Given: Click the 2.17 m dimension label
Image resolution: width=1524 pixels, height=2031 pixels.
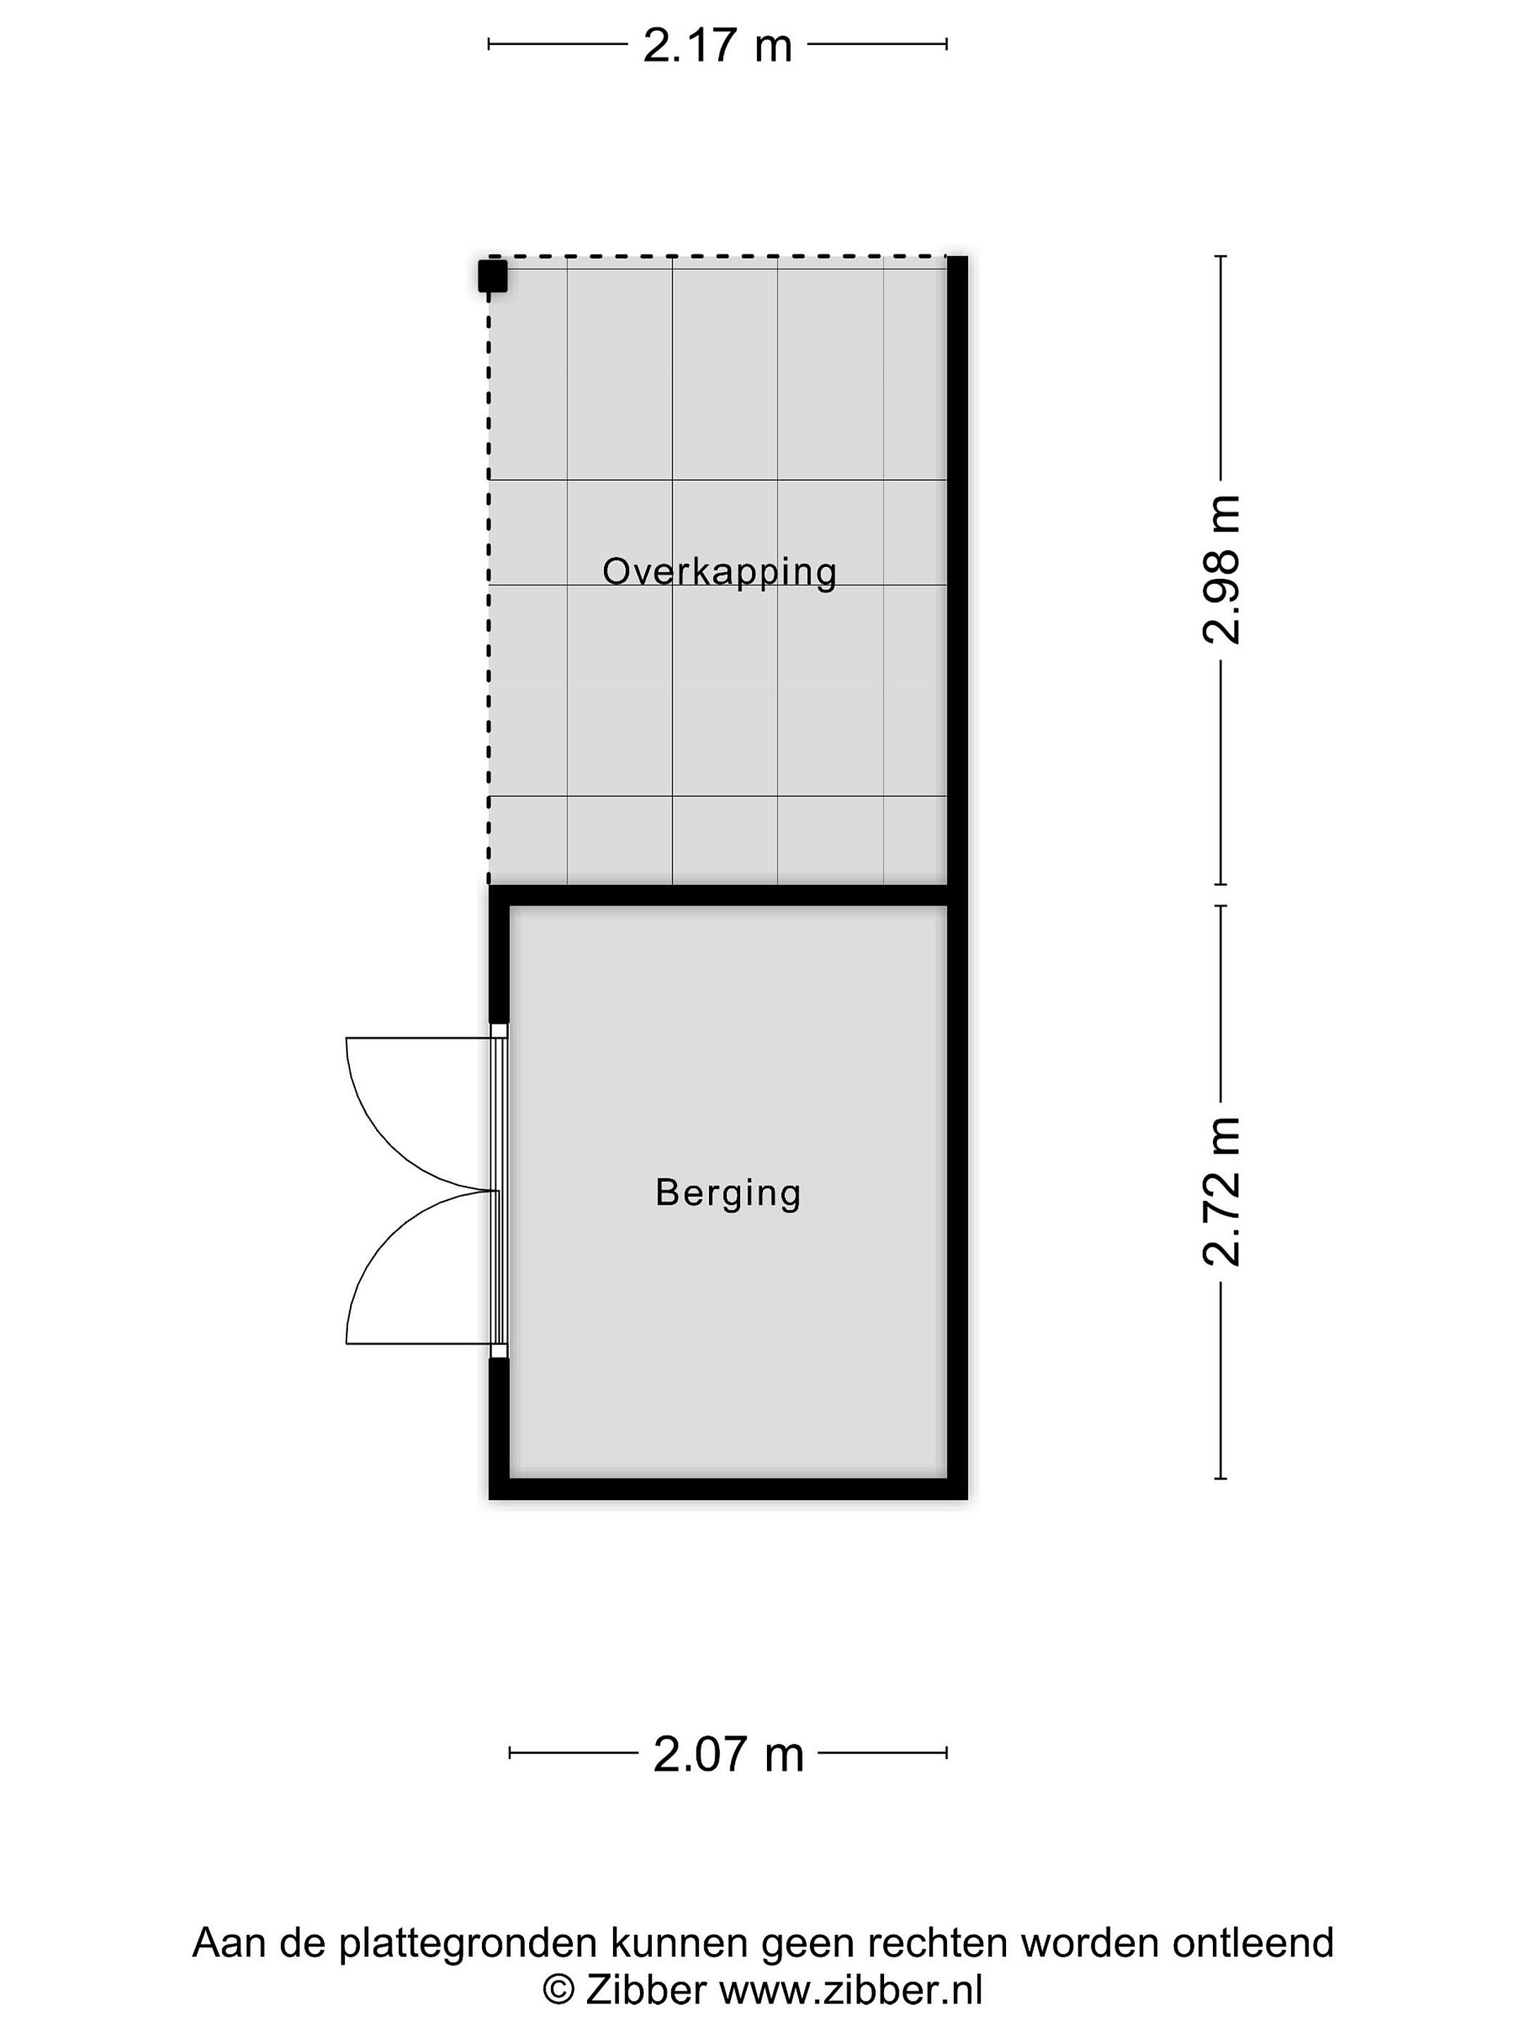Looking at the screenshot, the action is click(x=717, y=46).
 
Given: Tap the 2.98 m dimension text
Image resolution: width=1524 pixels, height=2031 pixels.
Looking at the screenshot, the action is click(x=1222, y=569).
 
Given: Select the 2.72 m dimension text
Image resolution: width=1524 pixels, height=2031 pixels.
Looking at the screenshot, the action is click(x=1222, y=1192).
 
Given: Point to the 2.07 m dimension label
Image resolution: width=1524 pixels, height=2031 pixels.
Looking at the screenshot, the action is click(x=727, y=1754).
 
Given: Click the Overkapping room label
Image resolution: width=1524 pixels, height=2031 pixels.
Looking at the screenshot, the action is click(x=719, y=572).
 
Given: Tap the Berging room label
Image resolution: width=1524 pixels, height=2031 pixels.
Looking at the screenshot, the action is click(x=728, y=1193).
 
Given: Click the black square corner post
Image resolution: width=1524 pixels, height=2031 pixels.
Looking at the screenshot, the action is click(x=492, y=276).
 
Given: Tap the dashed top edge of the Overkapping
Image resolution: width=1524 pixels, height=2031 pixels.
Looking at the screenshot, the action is click(x=718, y=257).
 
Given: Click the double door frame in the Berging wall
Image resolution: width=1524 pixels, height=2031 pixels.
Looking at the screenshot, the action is click(x=499, y=1191).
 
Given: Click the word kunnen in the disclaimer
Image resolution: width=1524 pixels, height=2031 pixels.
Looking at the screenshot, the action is click(x=670, y=1943).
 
